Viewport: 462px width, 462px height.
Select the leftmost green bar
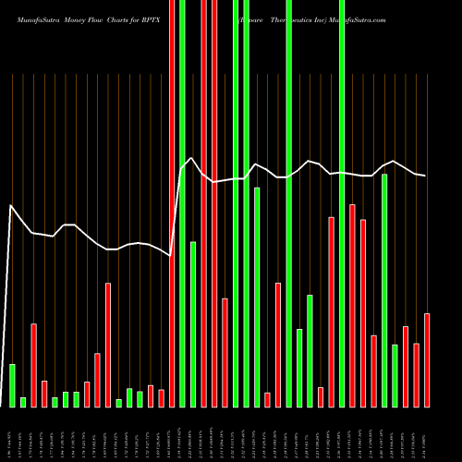tap(13, 385)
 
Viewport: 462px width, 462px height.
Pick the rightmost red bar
tap(427, 359)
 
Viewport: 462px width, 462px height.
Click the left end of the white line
tap(9, 205)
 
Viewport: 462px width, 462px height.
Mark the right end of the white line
tap(426, 176)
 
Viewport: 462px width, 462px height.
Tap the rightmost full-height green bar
tap(342, 203)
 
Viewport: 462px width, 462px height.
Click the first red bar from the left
tap(34, 365)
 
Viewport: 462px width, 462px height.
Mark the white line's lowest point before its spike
tap(171, 257)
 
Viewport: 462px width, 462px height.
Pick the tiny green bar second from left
tap(23, 402)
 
